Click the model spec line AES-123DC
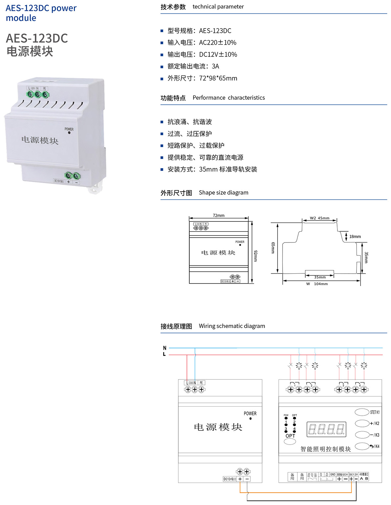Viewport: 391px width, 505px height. [199, 31]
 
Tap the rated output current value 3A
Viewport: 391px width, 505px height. [215, 66]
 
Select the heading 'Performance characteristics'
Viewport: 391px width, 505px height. [228, 98]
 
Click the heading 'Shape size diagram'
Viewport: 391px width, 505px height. [223, 193]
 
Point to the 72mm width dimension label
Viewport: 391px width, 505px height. [218, 216]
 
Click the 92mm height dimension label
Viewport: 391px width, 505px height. [255, 256]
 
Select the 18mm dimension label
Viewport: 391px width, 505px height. [355, 237]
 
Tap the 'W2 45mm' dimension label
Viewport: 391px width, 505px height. [319, 218]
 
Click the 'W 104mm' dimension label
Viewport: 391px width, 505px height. [317, 284]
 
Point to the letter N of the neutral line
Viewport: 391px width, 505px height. [165, 348]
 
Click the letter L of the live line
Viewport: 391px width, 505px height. [164, 354]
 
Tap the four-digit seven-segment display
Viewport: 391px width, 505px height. [326, 429]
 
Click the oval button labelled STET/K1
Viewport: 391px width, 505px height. [362, 412]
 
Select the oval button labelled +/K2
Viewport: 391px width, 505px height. [362, 423]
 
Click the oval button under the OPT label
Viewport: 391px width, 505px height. [290, 442]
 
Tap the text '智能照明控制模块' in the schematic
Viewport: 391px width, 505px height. [326, 449]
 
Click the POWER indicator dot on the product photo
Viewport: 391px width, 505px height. [69, 133]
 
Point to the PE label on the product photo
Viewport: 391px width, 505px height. [44, 89]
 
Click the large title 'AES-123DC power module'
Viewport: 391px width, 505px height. [41, 13]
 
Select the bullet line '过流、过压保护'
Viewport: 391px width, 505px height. [190, 134]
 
